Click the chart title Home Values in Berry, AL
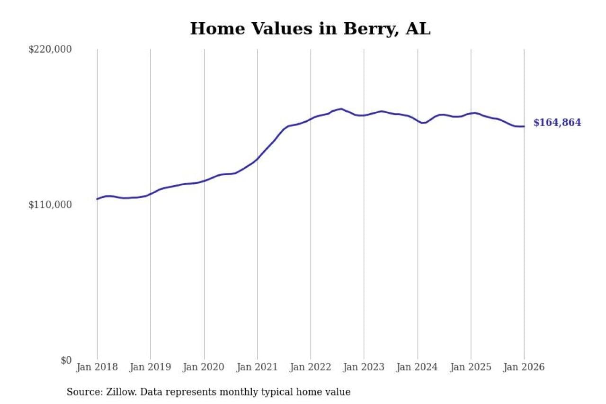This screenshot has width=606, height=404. [310, 29]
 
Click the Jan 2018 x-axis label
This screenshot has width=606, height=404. [97, 368]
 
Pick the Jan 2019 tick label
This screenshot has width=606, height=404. [151, 368]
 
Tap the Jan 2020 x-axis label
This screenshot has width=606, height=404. [204, 368]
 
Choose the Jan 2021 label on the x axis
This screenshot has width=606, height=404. [257, 368]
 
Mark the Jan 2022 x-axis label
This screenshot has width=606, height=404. [311, 368]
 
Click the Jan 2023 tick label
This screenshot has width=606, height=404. [364, 368]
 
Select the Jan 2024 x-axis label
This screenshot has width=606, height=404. [418, 368]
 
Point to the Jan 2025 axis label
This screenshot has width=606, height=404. [471, 368]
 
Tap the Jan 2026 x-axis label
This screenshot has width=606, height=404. [524, 368]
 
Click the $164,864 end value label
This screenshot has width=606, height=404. [557, 123]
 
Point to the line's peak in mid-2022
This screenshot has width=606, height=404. [341, 109]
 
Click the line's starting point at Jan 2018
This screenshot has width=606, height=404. [97, 199]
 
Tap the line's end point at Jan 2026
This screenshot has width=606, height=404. [524, 126]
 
